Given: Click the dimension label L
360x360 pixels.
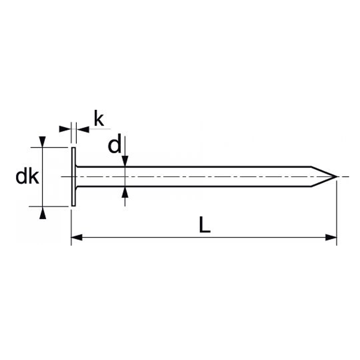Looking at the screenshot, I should click(x=205, y=225).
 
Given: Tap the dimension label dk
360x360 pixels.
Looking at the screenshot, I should click(x=27, y=176).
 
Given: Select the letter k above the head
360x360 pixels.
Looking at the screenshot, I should click(x=99, y=119).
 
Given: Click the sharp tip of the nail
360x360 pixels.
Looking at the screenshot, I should click(x=337, y=177).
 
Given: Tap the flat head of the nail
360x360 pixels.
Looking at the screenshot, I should click(x=73, y=177).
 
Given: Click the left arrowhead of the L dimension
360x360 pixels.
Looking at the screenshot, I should click(x=76, y=238).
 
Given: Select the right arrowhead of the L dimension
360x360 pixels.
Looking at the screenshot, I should click(x=331, y=238).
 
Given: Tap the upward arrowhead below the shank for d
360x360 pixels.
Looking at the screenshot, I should click(x=124, y=192).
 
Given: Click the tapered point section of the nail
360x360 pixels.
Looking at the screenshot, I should click(x=323, y=177).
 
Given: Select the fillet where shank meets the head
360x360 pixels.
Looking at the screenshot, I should click(x=78, y=169).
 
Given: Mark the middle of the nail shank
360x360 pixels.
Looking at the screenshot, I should click(x=192, y=177).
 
